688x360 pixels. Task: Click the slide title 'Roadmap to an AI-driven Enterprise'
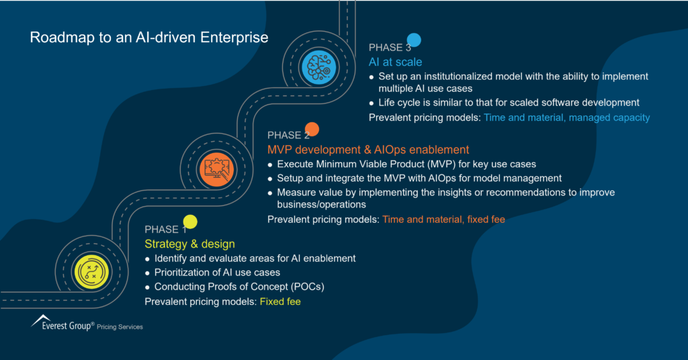tap(148, 38)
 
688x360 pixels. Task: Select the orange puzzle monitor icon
tap(216, 167)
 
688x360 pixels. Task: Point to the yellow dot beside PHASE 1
tap(190, 221)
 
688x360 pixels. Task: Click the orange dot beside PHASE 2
tap(312, 129)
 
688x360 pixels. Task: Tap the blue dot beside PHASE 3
tap(414, 40)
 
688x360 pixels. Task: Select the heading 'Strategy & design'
tap(189, 244)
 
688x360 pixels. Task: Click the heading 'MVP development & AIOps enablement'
tap(368, 149)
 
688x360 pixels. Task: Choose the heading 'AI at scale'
tap(395, 62)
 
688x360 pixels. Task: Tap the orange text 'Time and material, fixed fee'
tap(443, 219)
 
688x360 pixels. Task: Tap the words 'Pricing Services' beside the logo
tap(120, 327)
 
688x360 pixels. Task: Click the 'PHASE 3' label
tap(390, 47)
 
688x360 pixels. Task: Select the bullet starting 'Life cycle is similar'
tap(509, 103)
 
